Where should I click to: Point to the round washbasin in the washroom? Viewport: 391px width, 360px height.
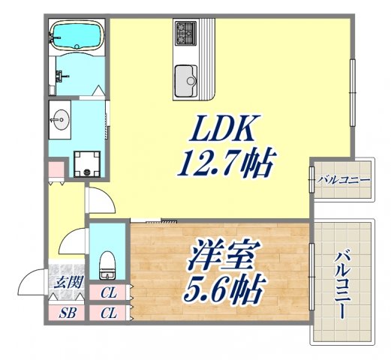(60, 118)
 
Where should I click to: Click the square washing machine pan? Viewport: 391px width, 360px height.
(90, 162)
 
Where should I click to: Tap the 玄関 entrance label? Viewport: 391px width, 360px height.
(65, 283)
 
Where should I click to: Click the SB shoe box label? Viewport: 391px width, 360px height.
(67, 312)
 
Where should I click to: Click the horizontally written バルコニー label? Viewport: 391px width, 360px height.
(343, 180)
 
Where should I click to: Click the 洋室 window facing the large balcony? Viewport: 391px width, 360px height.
(311, 274)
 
